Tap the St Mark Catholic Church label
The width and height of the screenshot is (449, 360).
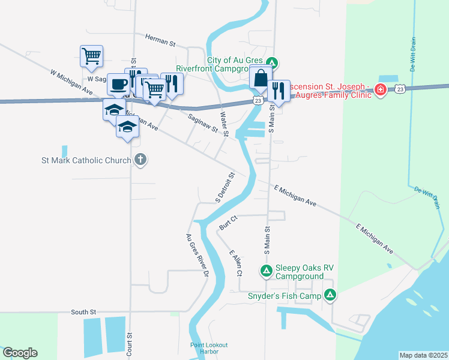86,160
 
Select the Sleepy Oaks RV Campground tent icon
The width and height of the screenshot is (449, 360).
267,271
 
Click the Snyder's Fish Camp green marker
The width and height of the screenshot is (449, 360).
330,295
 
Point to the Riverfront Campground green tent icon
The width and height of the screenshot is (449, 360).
272,62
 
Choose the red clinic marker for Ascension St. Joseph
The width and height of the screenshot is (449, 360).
380,89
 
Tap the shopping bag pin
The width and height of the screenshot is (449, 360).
261,79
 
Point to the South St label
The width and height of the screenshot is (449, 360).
83,312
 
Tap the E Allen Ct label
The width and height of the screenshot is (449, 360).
235,263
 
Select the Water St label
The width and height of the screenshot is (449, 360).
224,124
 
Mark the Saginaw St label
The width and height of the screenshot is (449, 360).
202,125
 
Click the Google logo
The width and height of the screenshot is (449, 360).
20,353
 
